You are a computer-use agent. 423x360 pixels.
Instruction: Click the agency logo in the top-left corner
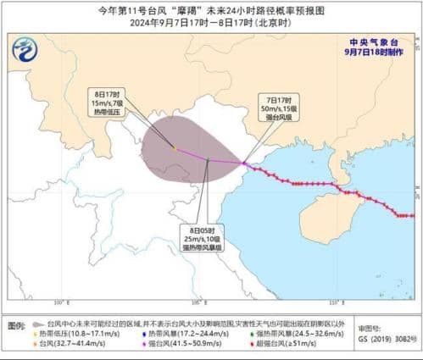point(25,52)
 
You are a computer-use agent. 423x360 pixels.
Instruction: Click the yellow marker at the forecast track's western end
point(175,148)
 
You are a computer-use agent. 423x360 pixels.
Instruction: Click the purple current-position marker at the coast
point(243,163)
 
